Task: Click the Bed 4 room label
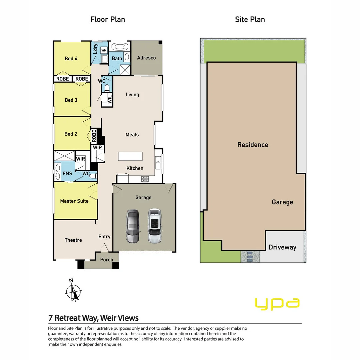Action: (71, 59)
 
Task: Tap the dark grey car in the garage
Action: (132, 226)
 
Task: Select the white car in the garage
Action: (154, 226)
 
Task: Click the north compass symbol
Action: (73, 291)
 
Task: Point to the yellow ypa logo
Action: (277, 303)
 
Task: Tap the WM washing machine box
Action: (104, 50)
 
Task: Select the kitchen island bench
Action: (130, 156)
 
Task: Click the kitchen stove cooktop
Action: (145, 179)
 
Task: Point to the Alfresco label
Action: (146, 58)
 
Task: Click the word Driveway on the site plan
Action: (282, 247)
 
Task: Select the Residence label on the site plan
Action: (253, 145)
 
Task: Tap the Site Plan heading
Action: (250, 19)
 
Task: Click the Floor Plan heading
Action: (108, 19)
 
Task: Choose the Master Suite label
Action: (74, 201)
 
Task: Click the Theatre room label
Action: (73, 240)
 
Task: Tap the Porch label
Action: (107, 260)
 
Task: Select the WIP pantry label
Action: (97, 148)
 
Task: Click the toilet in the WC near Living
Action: (107, 88)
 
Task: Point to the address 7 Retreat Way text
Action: (93, 318)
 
